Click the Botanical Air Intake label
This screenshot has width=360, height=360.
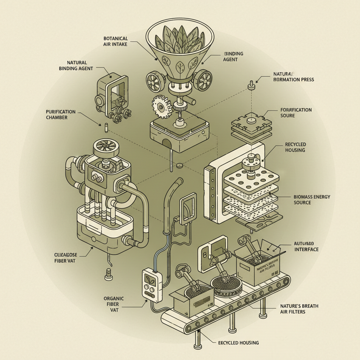(x=115, y=41)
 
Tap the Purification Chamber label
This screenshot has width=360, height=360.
(x=61, y=114)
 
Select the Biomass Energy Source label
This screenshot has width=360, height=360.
(x=311, y=200)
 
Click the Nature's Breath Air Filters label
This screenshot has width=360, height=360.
(x=299, y=309)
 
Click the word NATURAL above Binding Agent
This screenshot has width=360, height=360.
(x=77, y=62)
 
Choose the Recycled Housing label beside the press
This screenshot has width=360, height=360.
(x=295, y=147)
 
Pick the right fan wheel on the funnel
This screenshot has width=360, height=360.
(x=202, y=81)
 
